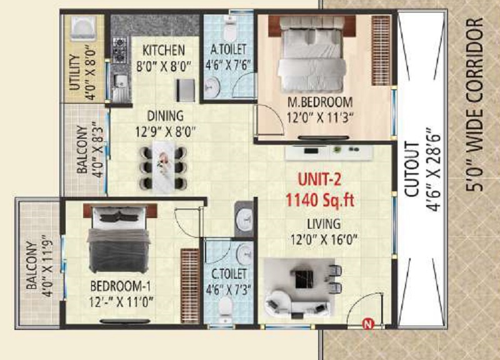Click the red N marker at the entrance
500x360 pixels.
click(x=368, y=324)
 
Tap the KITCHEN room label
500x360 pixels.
click(x=164, y=50)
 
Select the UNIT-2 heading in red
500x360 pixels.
click(x=319, y=180)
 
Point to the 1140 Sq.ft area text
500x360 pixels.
click(x=320, y=200)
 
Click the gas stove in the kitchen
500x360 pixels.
click(x=120, y=50)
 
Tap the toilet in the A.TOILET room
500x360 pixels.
click(x=229, y=27)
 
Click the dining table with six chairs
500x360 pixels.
click(x=163, y=167)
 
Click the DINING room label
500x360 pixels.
click(x=165, y=116)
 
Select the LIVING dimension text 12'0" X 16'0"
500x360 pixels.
click(x=324, y=239)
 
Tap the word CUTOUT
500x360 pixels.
click(x=411, y=169)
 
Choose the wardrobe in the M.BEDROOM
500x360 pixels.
click(x=381, y=51)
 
